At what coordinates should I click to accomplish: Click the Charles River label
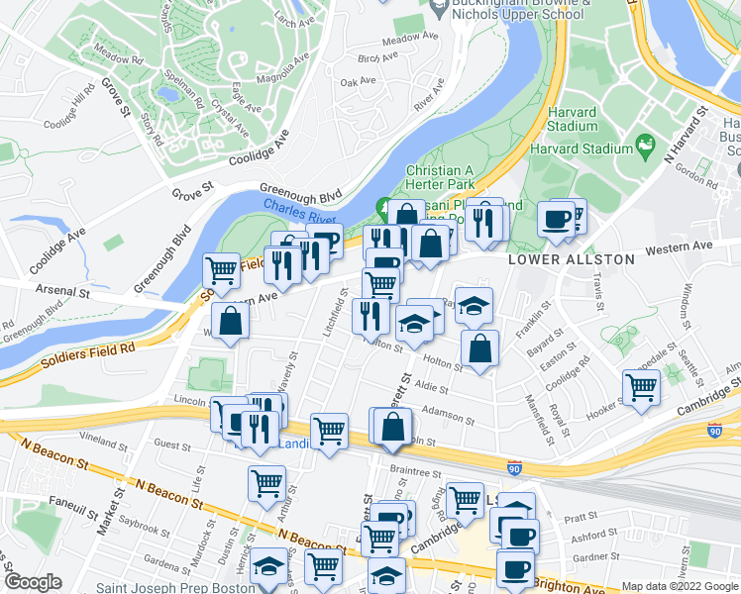pos(301,206)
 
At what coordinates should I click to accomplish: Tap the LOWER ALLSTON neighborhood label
pos(571,259)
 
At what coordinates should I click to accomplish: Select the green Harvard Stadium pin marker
pos(646,148)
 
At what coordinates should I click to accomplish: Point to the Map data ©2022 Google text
pos(680,586)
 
